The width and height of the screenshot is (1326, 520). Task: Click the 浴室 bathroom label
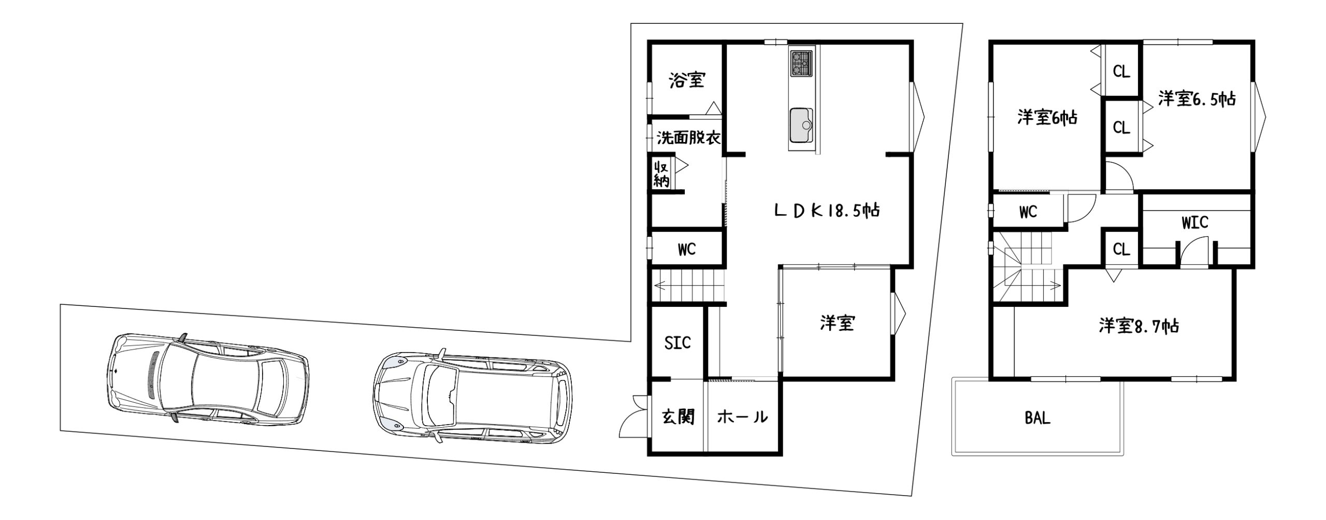pos(687,80)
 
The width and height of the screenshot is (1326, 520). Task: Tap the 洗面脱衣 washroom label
pos(689,138)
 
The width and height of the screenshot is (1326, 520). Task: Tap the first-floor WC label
pos(687,250)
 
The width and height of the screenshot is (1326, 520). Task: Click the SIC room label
pos(678,343)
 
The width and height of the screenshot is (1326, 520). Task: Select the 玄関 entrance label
pos(679,416)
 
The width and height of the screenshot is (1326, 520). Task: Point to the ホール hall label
pos(742,417)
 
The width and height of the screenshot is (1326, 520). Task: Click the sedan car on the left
pos(209,378)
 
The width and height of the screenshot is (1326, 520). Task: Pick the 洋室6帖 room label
pos(1047,118)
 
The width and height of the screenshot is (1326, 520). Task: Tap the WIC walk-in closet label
pos(1195,223)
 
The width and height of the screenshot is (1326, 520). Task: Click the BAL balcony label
pos(1037,418)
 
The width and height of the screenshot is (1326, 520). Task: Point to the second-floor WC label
pos(1028,212)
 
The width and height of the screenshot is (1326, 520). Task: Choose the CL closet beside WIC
pos(1121,249)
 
